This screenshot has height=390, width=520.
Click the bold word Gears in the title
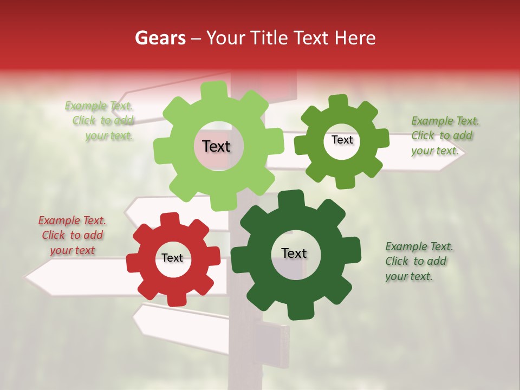point(160,38)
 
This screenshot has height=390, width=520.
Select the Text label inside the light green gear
point(216,146)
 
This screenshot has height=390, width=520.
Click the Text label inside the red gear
point(172,258)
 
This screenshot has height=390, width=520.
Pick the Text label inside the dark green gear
point(294,253)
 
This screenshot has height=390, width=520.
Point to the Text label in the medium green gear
point(342,140)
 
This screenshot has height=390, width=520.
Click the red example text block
point(72,236)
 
